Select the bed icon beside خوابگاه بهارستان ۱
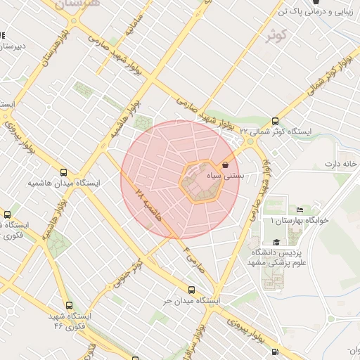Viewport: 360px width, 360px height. [x=300, y=210]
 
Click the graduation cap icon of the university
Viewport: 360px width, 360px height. [x=276, y=242]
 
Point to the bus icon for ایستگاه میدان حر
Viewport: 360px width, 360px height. [x=191, y=290]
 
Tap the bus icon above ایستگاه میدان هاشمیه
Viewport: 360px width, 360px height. [x=64, y=172]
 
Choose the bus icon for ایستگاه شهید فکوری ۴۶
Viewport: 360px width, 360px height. [x=68, y=305]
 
